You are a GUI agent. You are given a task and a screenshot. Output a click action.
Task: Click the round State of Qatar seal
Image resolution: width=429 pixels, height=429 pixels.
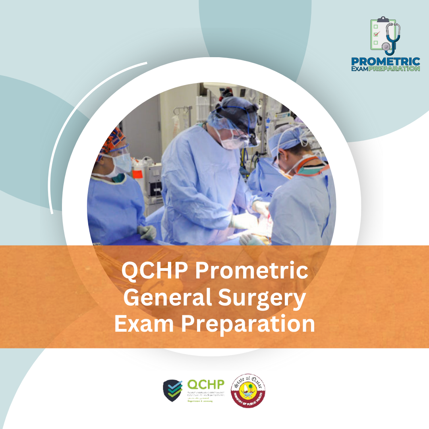coord(248,390)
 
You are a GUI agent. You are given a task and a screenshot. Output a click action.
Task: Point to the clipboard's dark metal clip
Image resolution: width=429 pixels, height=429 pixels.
coord(383,19)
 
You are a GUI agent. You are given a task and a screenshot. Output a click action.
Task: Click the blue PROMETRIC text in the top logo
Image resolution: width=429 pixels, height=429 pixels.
coord(385,62)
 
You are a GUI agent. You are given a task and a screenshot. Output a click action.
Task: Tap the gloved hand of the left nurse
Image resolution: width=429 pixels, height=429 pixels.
coord(147,232)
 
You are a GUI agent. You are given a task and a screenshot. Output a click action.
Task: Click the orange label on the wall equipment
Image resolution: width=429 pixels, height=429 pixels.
coord(137,173)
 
